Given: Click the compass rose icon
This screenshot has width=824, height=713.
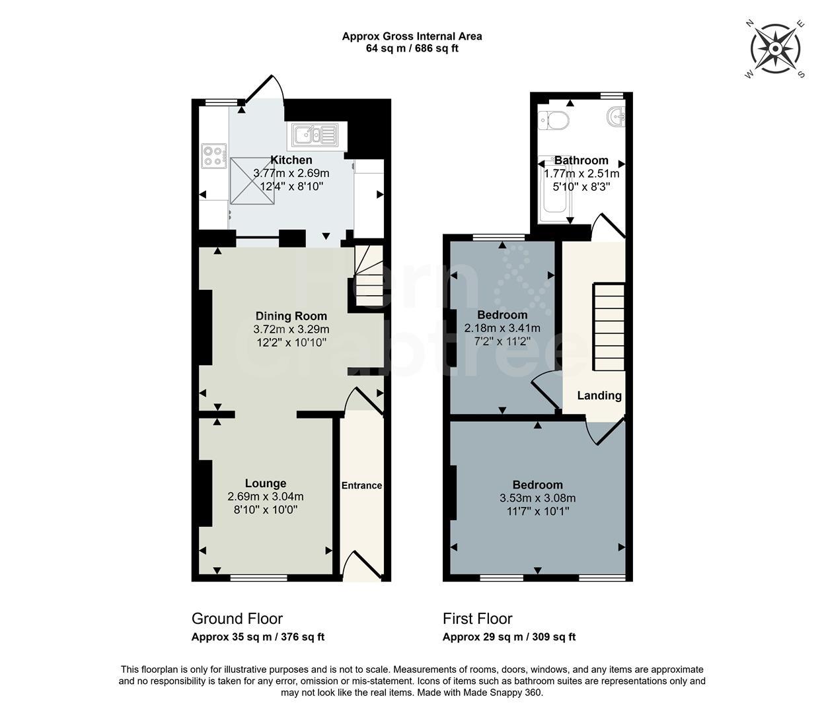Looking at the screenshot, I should (775, 49).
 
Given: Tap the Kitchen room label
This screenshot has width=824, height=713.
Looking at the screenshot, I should (291, 160).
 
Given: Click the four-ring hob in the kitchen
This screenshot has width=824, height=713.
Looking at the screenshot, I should (214, 155).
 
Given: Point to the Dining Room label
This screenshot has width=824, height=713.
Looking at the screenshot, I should (291, 316).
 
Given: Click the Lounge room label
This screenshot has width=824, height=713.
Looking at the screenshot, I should (266, 483).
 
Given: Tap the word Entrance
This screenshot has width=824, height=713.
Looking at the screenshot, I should (361, 485).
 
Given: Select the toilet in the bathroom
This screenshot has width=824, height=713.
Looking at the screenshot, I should (554, 120).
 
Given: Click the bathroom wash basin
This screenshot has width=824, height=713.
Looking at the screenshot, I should (616, 117).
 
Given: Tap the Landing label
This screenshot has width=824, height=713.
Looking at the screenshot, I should (599, 395).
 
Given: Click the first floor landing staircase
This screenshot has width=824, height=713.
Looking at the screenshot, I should (609, 327).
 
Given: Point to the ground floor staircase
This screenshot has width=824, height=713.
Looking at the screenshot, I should (367, 276).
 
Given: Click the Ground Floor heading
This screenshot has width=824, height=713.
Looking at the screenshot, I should (237, 619).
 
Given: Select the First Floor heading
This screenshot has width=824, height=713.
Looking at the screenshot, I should (477, 619).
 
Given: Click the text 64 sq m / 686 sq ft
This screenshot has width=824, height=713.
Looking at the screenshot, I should (412, 48).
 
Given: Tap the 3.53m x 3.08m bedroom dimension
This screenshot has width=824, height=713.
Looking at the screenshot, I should (537, 498).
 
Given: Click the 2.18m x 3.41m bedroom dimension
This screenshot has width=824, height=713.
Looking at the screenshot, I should (502, 328).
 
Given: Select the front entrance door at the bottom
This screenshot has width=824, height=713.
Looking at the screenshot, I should (362, 566).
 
